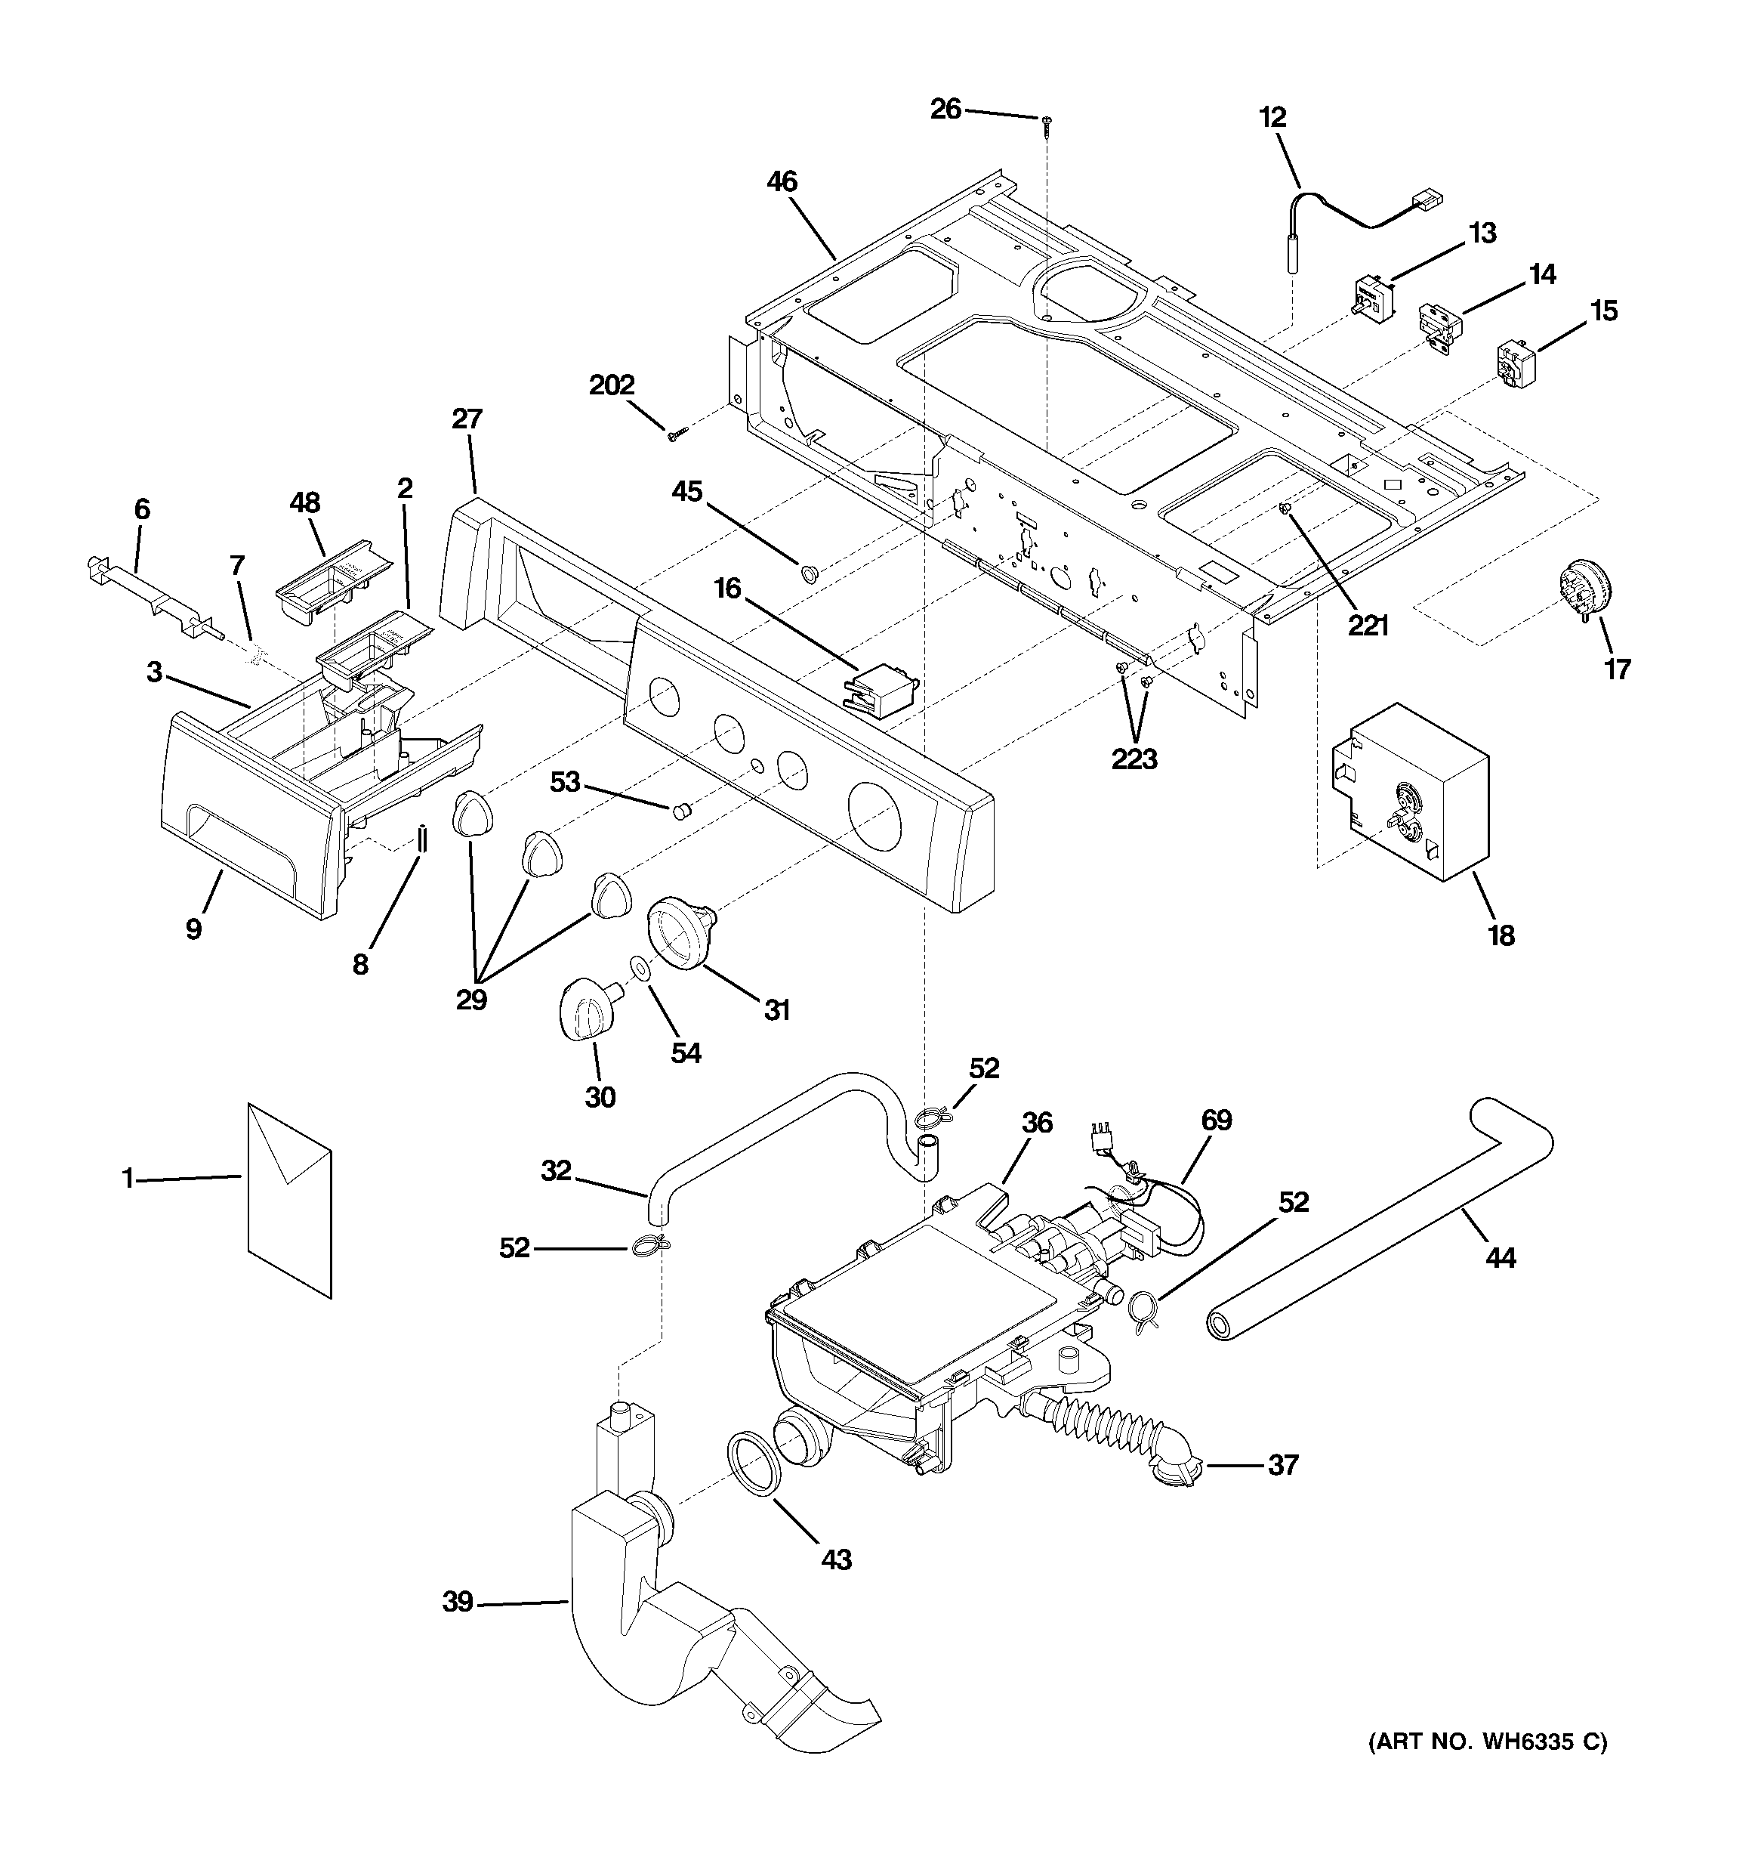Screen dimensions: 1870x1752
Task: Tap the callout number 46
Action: [x=782, y=181]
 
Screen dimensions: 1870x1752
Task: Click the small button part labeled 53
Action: [x=682, y=810]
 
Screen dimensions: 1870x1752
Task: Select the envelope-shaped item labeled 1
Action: [x=288, y=1199]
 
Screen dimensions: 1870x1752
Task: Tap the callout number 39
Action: [x=457, y=1601]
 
